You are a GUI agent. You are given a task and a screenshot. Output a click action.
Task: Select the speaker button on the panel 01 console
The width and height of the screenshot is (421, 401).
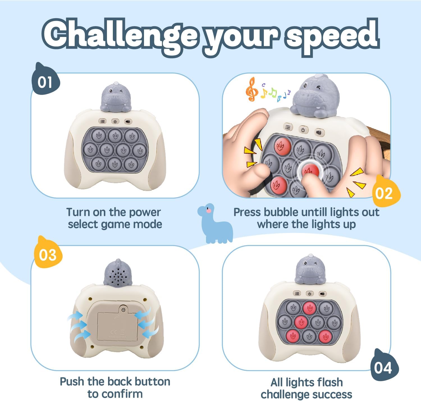tap(128, 122)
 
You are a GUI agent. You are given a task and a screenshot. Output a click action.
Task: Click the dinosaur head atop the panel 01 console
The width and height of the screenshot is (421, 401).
tap(115, 96)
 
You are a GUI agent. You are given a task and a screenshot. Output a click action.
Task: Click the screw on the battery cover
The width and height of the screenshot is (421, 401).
tap(123, 309)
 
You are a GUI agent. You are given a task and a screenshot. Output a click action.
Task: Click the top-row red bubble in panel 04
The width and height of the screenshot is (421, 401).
tap(310, 307)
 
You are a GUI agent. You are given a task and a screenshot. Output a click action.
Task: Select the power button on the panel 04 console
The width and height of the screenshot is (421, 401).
tap(310, 293)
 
